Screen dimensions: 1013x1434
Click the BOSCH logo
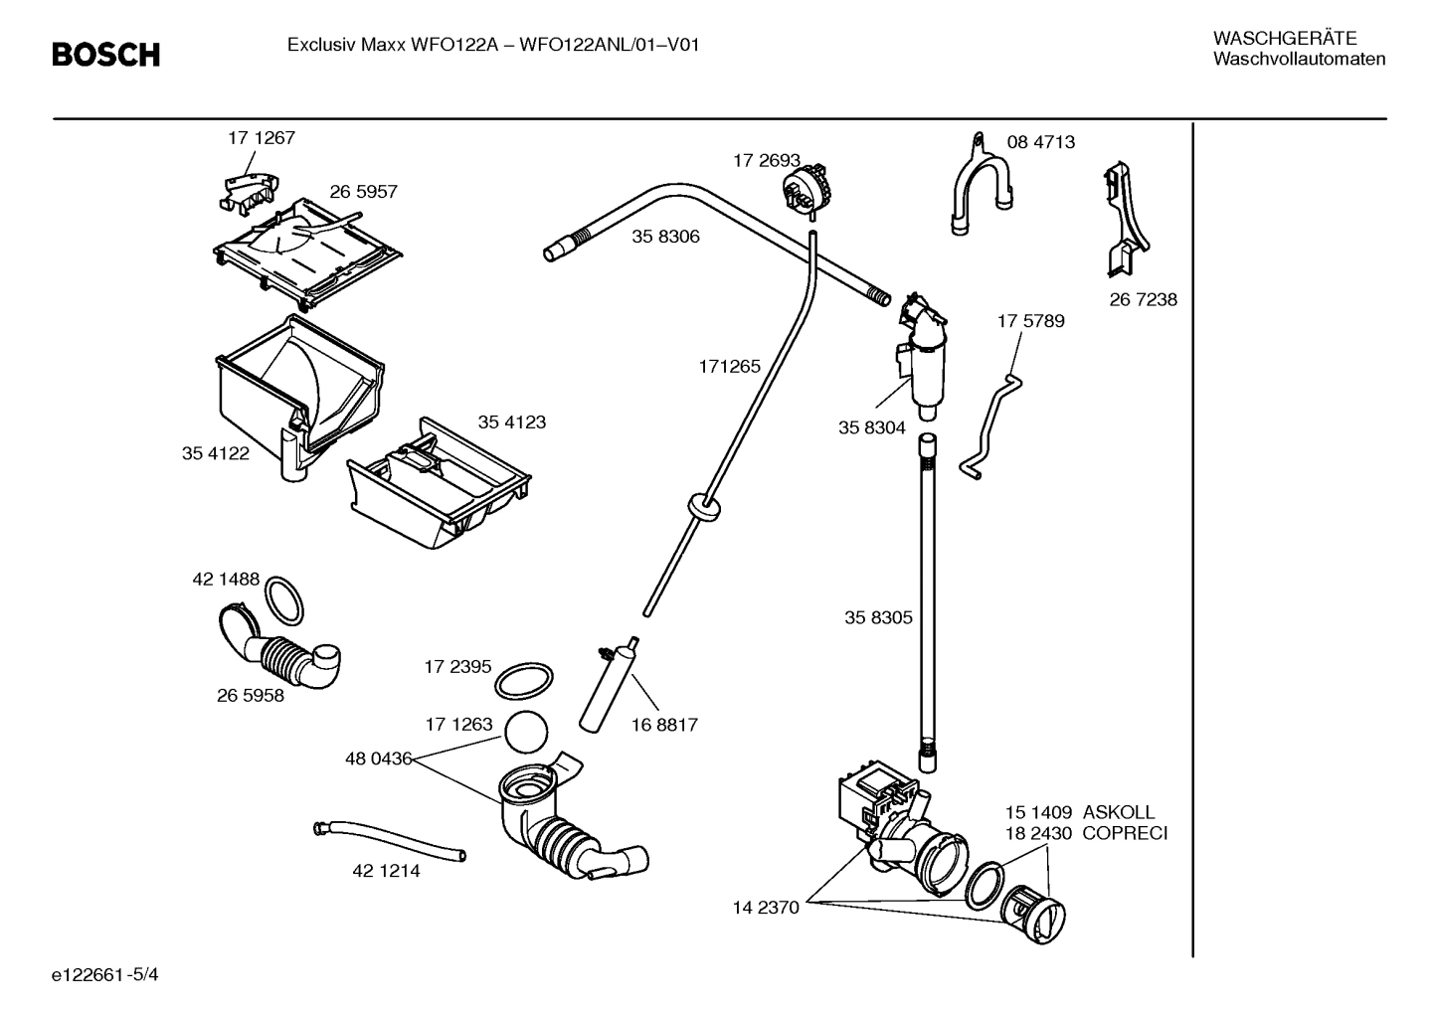105,55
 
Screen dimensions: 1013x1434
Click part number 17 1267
262,138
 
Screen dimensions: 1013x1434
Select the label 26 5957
363,192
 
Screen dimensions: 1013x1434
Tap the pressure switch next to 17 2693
807,189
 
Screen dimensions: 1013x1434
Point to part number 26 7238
1143,299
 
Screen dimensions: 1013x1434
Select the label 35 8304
871,427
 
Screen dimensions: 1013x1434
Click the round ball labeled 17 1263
526,735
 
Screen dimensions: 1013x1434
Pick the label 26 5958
250,696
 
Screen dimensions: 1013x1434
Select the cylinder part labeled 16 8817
610,685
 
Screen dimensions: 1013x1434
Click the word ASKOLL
1118,812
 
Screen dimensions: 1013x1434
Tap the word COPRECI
1124,833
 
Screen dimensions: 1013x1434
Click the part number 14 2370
766,908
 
